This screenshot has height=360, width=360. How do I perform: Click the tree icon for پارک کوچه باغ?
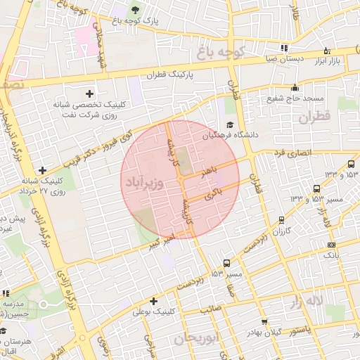click(x=134, y=10)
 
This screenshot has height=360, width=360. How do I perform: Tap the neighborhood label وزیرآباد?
click(x=144, y=183)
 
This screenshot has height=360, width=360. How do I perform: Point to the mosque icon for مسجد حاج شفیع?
click(x=295, y=88)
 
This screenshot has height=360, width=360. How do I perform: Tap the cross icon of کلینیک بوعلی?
click(x=153, y=300)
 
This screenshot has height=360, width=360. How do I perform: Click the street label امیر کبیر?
click(x=161, y=241)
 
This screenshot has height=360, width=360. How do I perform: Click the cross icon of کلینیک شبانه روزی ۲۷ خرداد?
click(x=44, y=170)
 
